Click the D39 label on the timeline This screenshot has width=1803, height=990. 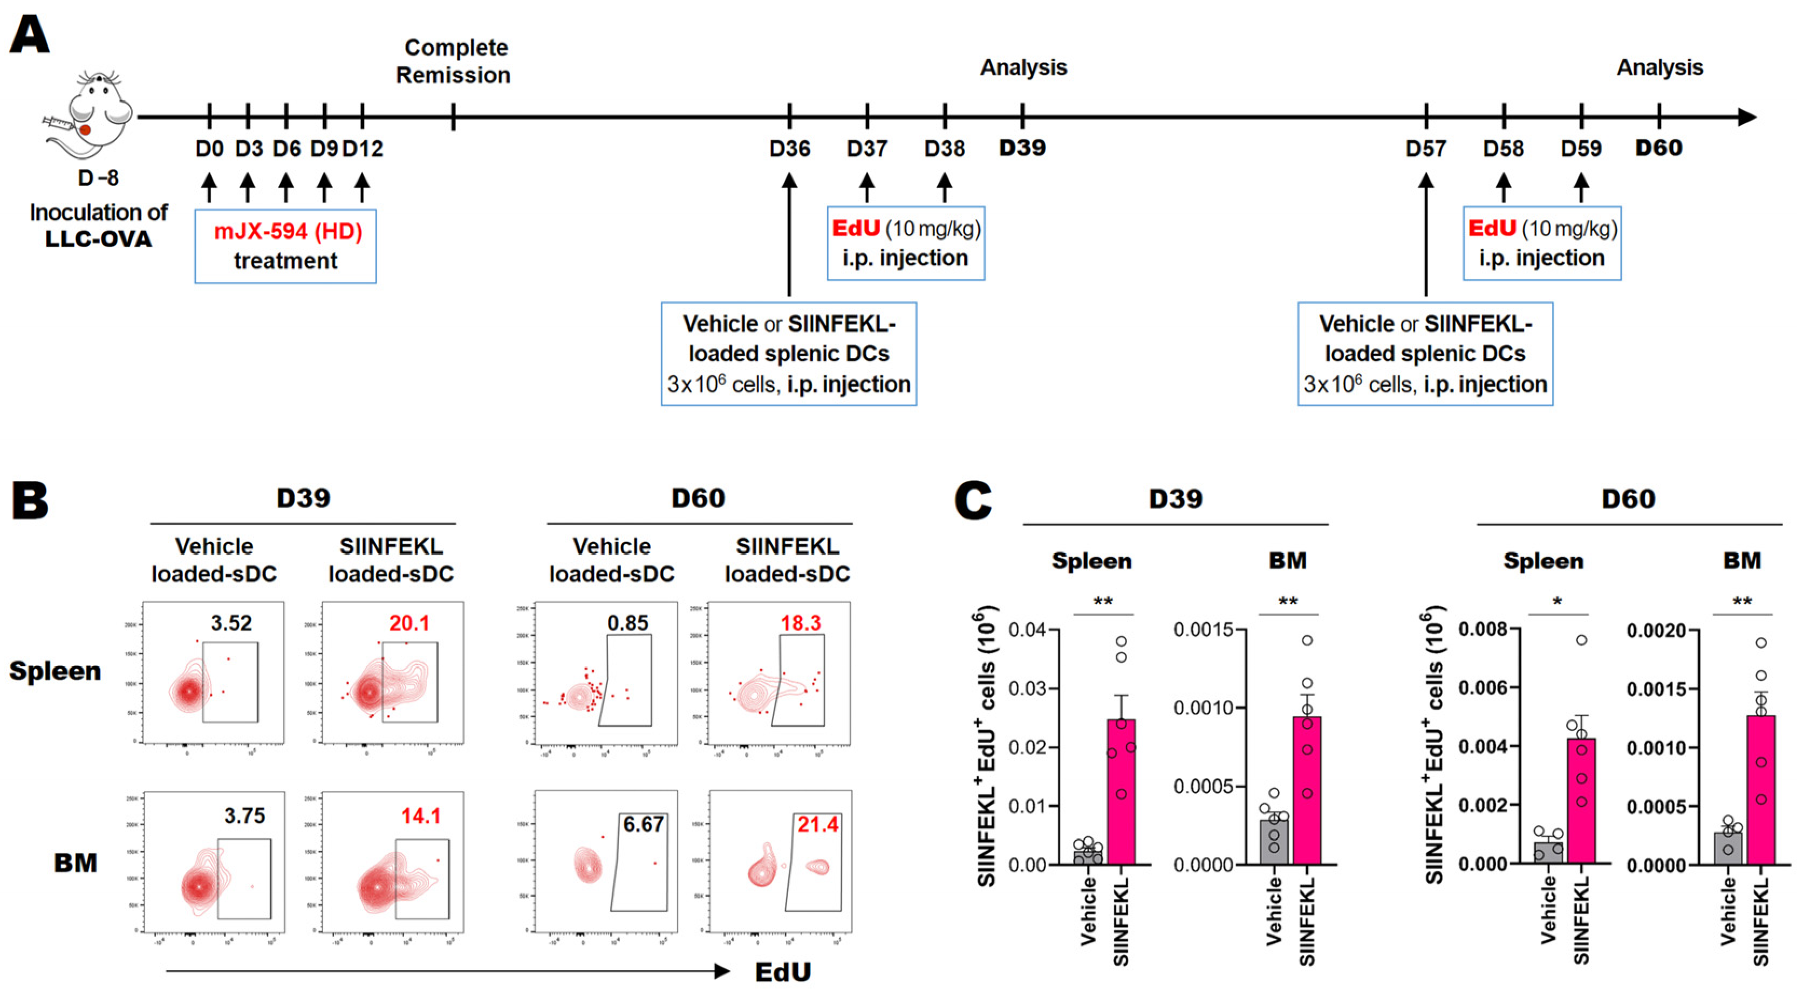[1022, 148]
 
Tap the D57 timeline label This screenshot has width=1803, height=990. [1426, 148]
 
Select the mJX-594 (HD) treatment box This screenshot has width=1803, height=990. [285, 246]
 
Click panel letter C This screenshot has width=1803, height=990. [973, 501]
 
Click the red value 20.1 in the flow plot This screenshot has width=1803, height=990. [409, 623]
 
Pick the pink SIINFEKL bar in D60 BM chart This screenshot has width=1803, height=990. [1761, 790]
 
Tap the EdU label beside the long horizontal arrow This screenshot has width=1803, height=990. [782, 972]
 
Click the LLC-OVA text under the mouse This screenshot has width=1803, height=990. [98, 238]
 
